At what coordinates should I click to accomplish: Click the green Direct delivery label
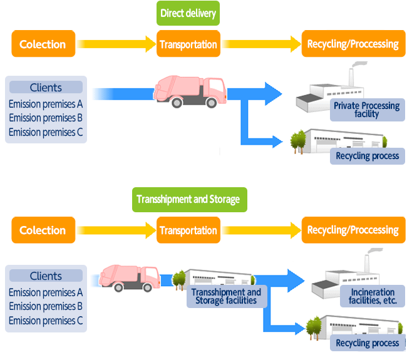(188, 13)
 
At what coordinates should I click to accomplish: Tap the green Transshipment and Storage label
(188, 199)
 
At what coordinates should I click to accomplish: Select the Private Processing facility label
(366, 110)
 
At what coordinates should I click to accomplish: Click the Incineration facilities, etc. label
(373, 296)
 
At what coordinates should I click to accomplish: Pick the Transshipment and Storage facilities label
(226, 296)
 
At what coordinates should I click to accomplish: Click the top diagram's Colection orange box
(43, 44)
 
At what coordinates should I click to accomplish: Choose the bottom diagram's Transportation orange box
(188, 230)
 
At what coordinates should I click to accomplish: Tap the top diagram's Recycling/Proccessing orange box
(353, 44)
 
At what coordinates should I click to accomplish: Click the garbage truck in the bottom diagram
(130, 277)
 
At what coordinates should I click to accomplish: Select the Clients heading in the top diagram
(46, 88)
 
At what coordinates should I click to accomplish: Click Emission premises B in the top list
(46, 118)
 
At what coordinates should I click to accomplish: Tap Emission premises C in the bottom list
(46, 321)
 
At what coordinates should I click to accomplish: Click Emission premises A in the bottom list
(46, 292)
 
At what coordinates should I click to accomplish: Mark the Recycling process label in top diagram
(368, 156)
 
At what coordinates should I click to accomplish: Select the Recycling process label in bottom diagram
(368, 343)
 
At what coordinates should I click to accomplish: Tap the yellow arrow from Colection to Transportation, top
(116, 44)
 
